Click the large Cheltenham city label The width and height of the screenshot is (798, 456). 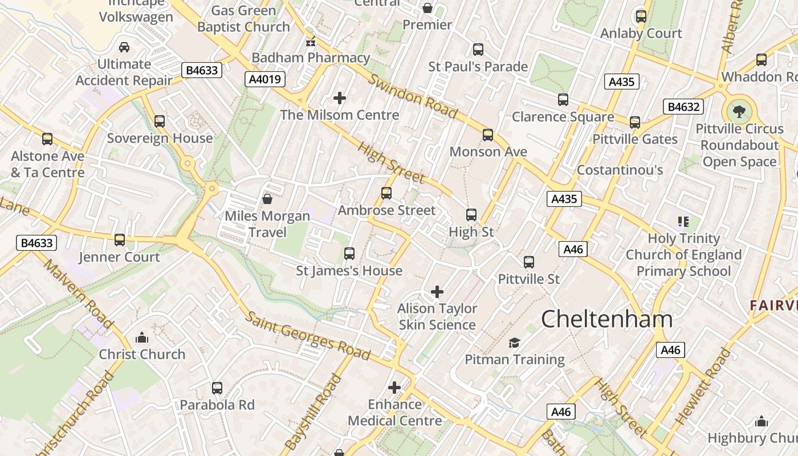pyautogui.click(x=606, y=319)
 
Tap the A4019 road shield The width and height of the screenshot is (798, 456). pyautogui.click(x=266, y=79)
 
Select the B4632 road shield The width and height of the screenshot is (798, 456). pyautogui.click(x=683, y=107)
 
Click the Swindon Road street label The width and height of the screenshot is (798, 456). pyautogui.click(x=413, y=96)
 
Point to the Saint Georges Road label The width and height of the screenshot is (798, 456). pyautogui.click(x=308, y=335)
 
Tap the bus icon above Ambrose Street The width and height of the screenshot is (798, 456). pyautogui.click(x=386, y=193)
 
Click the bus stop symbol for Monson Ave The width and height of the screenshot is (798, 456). pyautogui.click(x=488, y=135)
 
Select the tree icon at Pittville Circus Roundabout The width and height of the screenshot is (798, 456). pyautogui.click(x=739, y=112)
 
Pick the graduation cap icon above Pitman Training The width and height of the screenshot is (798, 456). pyautogui.click(x=515, y=343)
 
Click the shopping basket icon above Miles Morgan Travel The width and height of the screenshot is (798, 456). pyautogui.click(x=267, y=199)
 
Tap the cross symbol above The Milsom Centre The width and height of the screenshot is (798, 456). pyautogui.click(x=340, y=98)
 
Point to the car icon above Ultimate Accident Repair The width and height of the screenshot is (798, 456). pyautogui.click(x=124, y=47)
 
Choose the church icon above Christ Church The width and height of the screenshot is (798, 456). pyautogui.click(x=142, y=337)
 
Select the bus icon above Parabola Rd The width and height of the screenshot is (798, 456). pyautogui.click(x=217, y=388)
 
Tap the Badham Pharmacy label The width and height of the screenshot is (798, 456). pyautogui.click(x=311, y=58)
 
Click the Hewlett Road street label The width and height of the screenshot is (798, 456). pyautogui.click(x=703, y=386)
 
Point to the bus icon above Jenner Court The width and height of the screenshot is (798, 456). pyautogui.click(x=120, y=240)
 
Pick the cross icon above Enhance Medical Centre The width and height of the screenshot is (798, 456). pyautogui.click(x=394, y=388)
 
